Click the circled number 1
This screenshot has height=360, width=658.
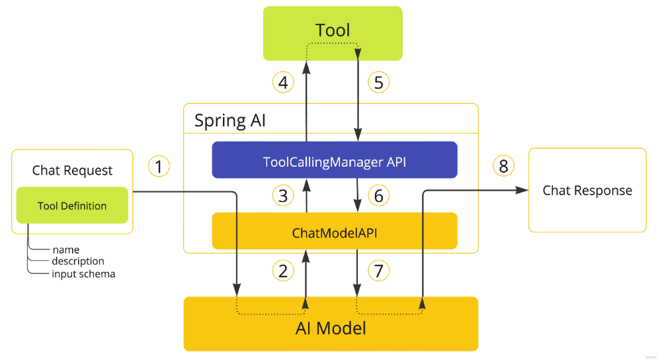[x=159, y=166]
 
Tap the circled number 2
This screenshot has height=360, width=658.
[x=283, y=271]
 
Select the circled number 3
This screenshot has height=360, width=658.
[x=283, y=196]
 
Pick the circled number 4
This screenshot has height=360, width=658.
[x=283, y=82]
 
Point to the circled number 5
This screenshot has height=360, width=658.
[x=378, y=82]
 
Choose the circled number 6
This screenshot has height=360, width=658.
[x=378, y=196]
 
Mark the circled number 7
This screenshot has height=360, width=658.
[x=378, y=271]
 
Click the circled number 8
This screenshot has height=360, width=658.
[x=503, y=166]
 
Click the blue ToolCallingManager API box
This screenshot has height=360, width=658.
[x=335, y=159]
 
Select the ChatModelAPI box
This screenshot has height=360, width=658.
[x=335, y=231]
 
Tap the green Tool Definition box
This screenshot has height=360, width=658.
[x=72, y=205]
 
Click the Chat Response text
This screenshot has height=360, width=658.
[x=587, y=191]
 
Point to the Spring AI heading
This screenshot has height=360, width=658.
[x=230, y=120]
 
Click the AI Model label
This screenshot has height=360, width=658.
[x=331, y=328]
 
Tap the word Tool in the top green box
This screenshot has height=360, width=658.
[x=333, y=30]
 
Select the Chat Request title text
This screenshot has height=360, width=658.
[x=72, y=171]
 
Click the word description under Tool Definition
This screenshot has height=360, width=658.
[x=78, y=261]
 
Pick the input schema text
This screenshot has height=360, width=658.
[x=83, y=274]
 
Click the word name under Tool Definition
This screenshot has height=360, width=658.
[x=66, y=249]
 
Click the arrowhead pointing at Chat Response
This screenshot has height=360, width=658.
[x=522, y=191]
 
